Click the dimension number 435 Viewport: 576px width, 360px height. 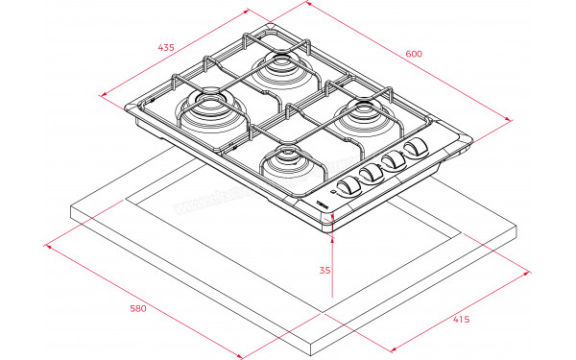tap(167, 46)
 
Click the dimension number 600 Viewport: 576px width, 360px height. tap(413, 54)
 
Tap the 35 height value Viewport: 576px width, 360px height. tap(324, 271)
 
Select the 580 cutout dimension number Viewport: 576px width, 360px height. tap(137, 309)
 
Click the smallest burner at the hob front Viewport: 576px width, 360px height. tap(283, 159)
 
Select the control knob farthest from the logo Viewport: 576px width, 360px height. tap(416, 148)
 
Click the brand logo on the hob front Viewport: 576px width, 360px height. tap(322, 203)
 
